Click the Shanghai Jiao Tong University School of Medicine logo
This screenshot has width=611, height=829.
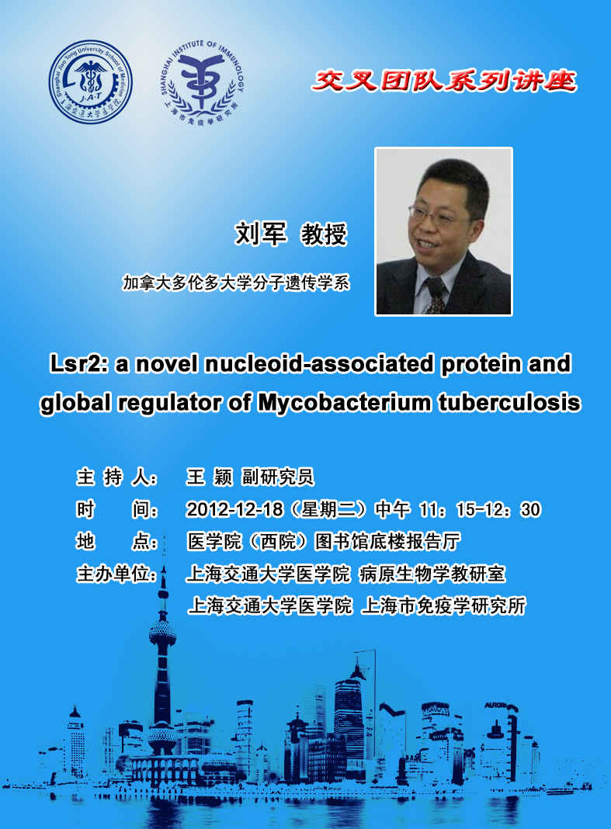(91, 82)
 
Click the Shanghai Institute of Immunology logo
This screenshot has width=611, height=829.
(202, 82)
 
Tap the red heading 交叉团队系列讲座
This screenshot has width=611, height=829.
(444, 81)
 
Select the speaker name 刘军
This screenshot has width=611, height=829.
(262, 234)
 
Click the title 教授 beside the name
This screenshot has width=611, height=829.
(324, 234)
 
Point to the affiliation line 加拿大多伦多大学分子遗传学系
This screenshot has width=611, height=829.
(236, 283)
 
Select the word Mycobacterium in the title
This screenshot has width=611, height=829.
(345, 404)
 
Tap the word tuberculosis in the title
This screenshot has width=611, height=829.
(509, 403)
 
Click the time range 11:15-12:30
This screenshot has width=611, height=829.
(480, 509)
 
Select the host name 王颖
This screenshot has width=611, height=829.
(210, 477)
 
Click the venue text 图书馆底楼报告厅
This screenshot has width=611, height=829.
(387, 541)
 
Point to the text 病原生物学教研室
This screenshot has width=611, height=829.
(432, 574)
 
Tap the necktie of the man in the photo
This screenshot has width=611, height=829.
(436, 294)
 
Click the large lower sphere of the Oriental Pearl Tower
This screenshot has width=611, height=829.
(162, 737)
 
